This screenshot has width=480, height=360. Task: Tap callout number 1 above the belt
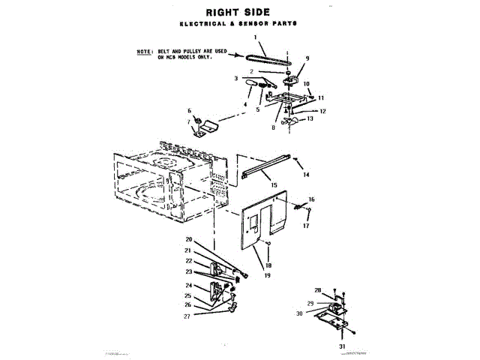[x=255, y=37]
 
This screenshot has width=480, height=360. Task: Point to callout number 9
[x=307, y=58]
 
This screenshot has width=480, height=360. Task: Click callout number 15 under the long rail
[x=274, y=184]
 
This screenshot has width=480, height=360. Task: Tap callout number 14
[x=306, y=174]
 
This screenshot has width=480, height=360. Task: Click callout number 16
[x=311, y=199]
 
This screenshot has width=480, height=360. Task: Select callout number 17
[x=306, y=225]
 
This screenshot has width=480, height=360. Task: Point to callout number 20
[x=189, y=239]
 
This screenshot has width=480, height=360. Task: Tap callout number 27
[x=187, y=316]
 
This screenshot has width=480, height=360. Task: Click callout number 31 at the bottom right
[x=340, y=346]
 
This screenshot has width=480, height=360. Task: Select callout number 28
[x=318, y=289]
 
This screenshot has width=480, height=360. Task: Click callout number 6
[x=190, y=110]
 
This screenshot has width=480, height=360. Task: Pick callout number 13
[x=310, y=119]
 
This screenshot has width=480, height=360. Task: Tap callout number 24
[x=188, y=285]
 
